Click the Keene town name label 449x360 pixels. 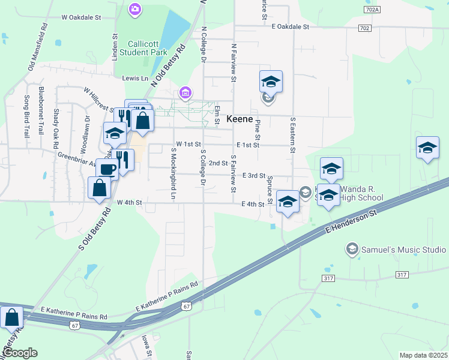239,119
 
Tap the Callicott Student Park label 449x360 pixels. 147,48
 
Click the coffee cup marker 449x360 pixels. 107,170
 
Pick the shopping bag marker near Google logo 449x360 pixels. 11,319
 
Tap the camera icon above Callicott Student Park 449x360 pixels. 136,9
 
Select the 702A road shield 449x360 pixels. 372,10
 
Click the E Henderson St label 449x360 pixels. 353,221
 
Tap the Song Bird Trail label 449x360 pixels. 27,116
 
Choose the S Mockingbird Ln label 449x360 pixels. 173,174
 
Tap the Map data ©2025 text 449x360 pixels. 423,355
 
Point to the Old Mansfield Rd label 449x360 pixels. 38,47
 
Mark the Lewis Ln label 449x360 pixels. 135,79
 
